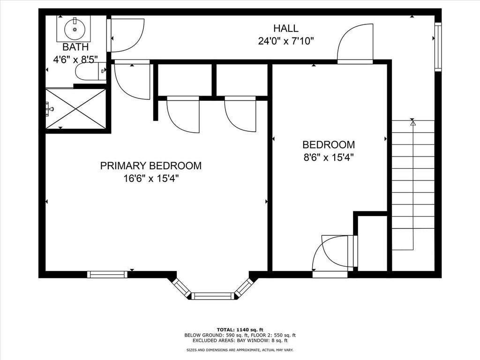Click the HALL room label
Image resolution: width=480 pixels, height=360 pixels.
[285, 28]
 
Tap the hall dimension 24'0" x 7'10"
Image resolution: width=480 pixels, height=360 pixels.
[286, 41]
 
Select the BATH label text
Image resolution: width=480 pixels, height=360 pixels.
[75, 47]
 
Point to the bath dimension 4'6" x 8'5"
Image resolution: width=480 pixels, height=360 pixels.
[75, 60]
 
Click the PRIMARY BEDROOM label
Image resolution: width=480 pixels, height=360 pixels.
[151, 165]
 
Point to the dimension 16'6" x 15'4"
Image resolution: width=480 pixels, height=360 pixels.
[151, 179]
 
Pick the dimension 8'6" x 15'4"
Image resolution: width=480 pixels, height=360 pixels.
[329, 157]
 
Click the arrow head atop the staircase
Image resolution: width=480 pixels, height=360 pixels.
[413, 123]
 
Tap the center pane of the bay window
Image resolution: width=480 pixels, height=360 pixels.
[212, 296]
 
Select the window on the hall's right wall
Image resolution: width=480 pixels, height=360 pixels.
[438, 47]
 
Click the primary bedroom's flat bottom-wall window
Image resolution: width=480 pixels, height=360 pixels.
[107, 274]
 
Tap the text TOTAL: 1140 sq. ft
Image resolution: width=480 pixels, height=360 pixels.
[240, 330]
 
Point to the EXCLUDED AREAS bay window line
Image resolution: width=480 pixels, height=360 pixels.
[240, 340]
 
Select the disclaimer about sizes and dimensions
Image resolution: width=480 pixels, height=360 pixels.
[240, 350]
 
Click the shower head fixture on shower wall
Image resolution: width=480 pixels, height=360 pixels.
[49, 109]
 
